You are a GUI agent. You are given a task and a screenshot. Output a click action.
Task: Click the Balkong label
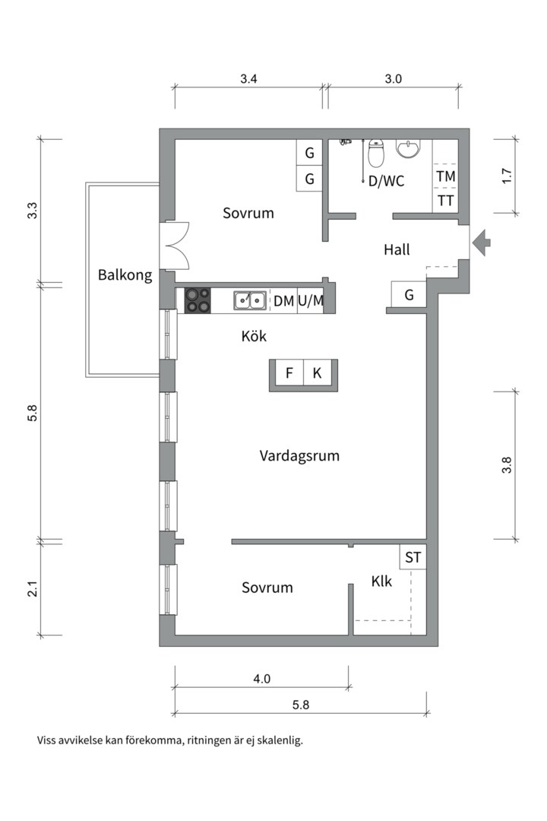tap(125, 275)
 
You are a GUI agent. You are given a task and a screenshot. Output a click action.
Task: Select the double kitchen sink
tap(250, 300)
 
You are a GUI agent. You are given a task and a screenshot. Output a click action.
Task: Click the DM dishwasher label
tap(283, 301)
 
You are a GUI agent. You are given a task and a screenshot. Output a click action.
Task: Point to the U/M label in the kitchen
tap(311, 301)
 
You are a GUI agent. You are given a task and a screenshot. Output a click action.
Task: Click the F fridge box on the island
tap(289, 373)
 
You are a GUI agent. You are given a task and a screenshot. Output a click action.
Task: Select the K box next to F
tap(317, 373)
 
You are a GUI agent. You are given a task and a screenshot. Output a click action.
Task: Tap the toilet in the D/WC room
tap(375, 155)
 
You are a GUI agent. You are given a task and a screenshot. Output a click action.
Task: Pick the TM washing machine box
tap(445, 176)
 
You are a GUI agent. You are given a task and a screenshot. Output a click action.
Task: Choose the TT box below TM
tap(445, 201)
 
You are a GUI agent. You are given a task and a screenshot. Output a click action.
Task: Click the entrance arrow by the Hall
tap(481, 243)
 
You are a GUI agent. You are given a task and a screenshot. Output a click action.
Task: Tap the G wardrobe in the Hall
tap(409, 295)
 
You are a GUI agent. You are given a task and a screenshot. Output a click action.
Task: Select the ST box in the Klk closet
tap(413, 557)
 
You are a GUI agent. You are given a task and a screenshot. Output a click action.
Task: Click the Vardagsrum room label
tap(299, 456)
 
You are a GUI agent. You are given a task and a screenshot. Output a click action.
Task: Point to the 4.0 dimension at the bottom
tap(261, 679)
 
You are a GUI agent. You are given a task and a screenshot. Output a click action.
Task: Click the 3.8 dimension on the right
tap(507, 464)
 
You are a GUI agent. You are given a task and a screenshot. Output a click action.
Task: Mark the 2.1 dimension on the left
tap(33, 589)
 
